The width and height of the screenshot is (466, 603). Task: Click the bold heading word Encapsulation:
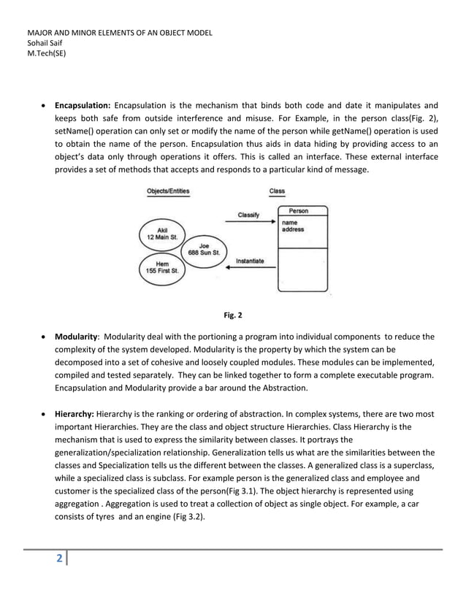pos(83,104)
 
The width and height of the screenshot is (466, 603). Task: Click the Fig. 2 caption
pos(233,315)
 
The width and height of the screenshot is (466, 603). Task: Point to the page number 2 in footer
pos(59,560)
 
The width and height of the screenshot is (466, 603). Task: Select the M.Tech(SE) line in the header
pos(46,53)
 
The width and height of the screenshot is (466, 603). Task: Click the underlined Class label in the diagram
pos(277,191)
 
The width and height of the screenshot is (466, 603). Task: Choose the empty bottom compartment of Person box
pos(302,270)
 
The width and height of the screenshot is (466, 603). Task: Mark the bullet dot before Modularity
pos(46,337)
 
